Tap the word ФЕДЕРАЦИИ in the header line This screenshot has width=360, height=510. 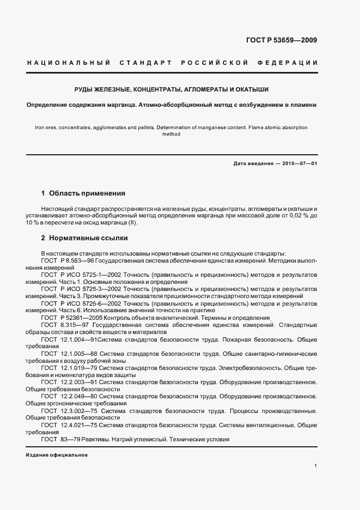point(291,63)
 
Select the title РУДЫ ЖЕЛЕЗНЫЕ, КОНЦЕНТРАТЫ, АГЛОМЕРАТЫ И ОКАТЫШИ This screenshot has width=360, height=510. point(172,89)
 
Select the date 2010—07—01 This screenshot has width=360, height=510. point(298,163)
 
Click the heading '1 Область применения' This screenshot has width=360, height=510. point(83,193)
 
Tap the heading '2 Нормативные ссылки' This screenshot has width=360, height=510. point(84,238)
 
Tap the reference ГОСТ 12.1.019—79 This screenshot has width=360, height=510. point(69,368)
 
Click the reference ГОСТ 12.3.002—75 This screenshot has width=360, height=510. point(69,410)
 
